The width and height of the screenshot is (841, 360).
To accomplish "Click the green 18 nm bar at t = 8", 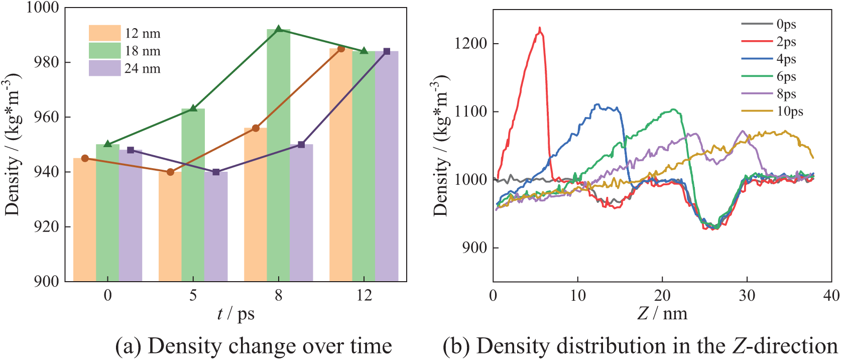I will pyautogui.click(x=278, y=156).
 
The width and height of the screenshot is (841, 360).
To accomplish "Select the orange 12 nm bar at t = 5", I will pyautogui.click(x=170, y=226).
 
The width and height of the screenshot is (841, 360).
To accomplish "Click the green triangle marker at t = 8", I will pyautogui.click(x=279, y=29).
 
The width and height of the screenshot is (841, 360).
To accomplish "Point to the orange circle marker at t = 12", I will pyautogui.click(x=341, y=49).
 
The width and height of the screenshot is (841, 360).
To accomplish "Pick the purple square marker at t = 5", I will pyautogui.click(x=216, y=172).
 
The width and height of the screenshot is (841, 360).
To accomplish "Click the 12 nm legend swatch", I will pyautogui.click(x=104, y=33).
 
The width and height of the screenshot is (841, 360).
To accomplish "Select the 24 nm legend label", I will pyautogui.click(x=143, y=68).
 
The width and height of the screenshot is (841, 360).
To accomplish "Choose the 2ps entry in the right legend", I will pyautogui.click(x=786, y=42).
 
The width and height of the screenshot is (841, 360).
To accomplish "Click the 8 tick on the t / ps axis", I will pyautogui.click(x=279, y=295).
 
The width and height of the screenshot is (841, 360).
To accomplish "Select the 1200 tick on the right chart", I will pyautogui.click(x=470, y=44).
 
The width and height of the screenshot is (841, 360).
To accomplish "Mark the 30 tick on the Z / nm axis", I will pyautogui.click(x=747, y=295).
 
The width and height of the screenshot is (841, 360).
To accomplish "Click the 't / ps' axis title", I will pyautogui.click(x=236, y=314).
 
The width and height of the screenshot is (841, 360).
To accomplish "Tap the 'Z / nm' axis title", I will pyautogui.click(x=662, y=314).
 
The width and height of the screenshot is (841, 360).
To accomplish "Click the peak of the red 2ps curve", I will pyautogui.click(x=540, y=28).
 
